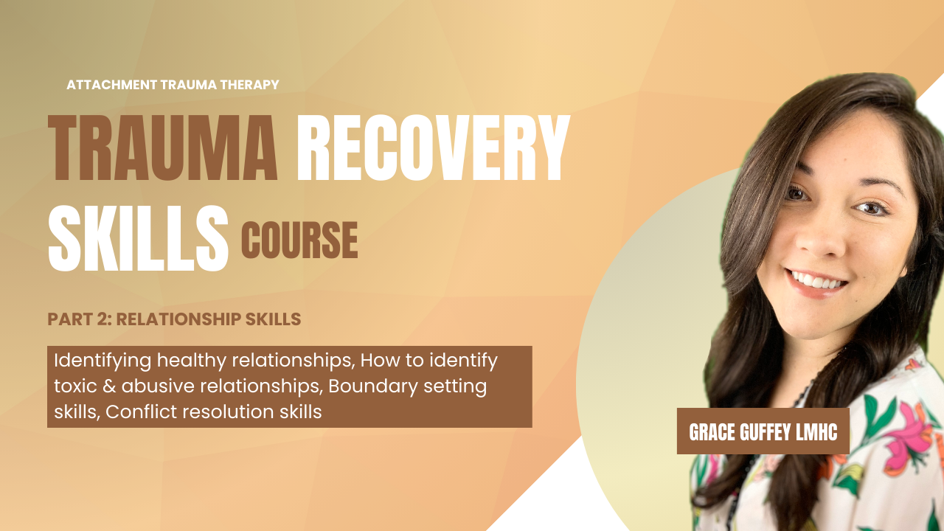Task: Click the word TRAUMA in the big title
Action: pos(163,148)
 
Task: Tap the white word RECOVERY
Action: pos(434,148)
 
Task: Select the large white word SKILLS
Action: pos(138,238)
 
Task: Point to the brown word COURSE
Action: pos(299,240)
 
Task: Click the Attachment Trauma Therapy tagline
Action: pos(173,85)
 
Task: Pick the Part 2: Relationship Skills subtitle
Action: pos(174,319)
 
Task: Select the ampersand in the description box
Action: pos(109,386)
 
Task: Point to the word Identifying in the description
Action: pos(103,361)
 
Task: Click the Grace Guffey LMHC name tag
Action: pos(763,431)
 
